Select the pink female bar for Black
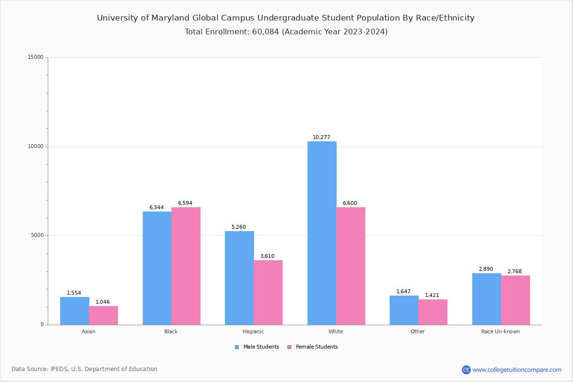(186, 266)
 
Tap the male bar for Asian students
(74, 311)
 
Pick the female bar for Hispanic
(268, 292)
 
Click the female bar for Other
(433, 312)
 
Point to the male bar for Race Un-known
(487, 299)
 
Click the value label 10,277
(321, 138)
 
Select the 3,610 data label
(267, 256)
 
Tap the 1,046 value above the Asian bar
(103, 302)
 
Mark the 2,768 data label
(515, 272)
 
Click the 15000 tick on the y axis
(36, 57)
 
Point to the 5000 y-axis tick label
(37, 235)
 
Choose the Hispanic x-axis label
(253, 331)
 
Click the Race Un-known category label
(500, 331)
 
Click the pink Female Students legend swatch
(289, 347)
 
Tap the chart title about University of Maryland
(286, 18)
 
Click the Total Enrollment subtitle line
(286, 32)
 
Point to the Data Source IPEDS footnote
(85, 369)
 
